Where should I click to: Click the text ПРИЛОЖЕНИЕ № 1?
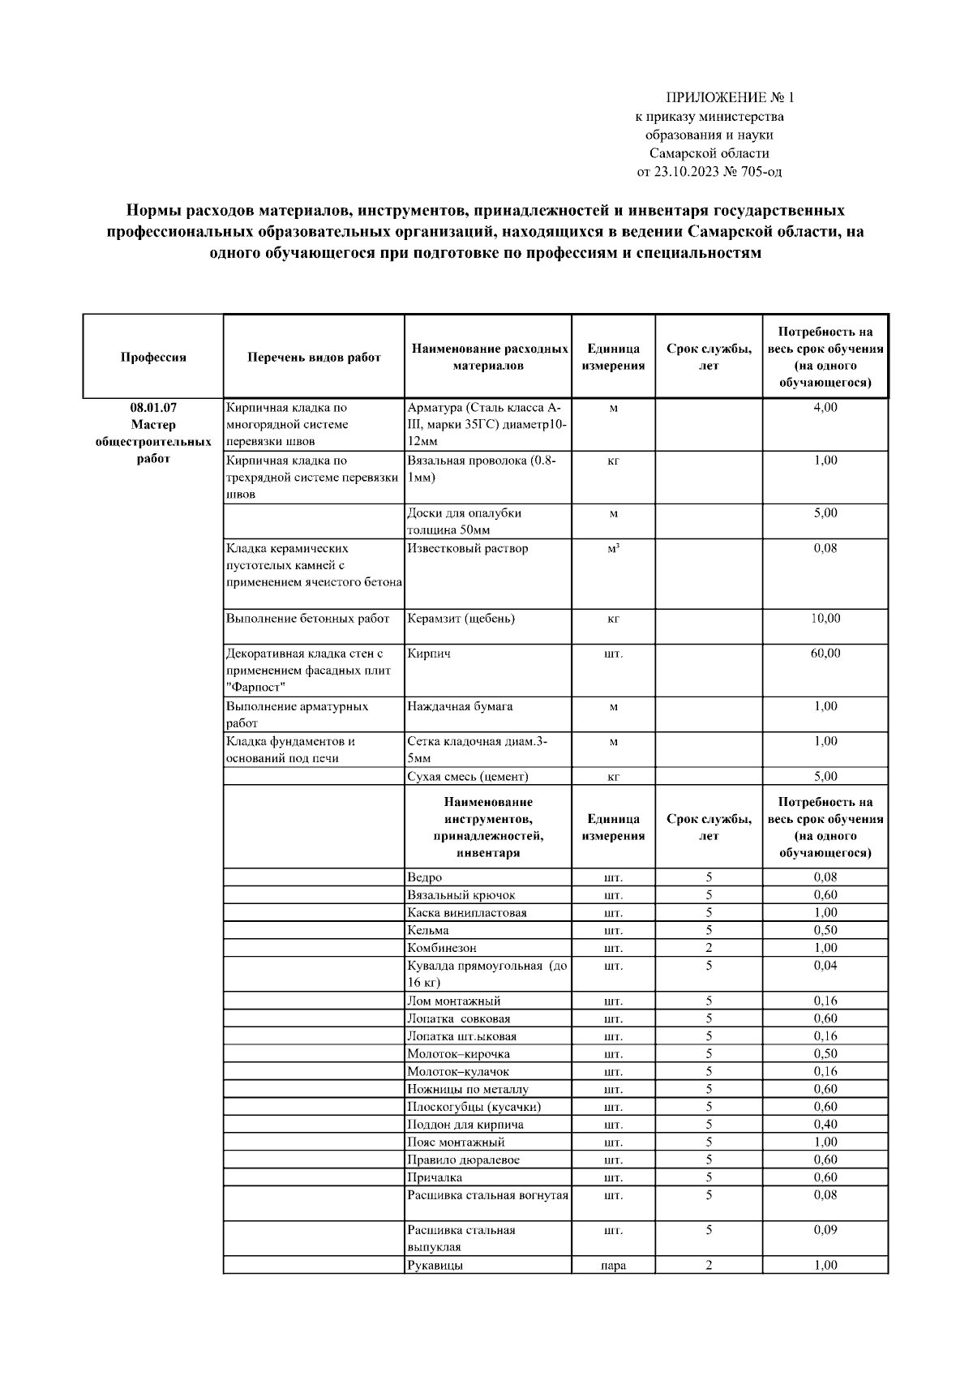(730, 98)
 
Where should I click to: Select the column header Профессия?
(153, 358)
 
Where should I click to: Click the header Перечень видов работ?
(314, 358)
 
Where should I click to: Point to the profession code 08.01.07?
(153, 408)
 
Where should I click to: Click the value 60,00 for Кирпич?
(825, 654)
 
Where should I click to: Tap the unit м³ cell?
(613, 549)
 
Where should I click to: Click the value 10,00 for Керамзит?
(825, 619)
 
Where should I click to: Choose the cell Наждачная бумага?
(460, 706)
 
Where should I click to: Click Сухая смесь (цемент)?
(468, 777)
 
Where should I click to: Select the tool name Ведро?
(425, 877)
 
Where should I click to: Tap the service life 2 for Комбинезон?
(709, 948)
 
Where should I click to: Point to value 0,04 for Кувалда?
(825, 966)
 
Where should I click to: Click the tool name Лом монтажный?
(454, 1001)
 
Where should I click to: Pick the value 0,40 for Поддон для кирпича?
(825, 1125)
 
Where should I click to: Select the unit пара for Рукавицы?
(613, 1266)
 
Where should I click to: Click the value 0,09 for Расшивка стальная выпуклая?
(825, 1230)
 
